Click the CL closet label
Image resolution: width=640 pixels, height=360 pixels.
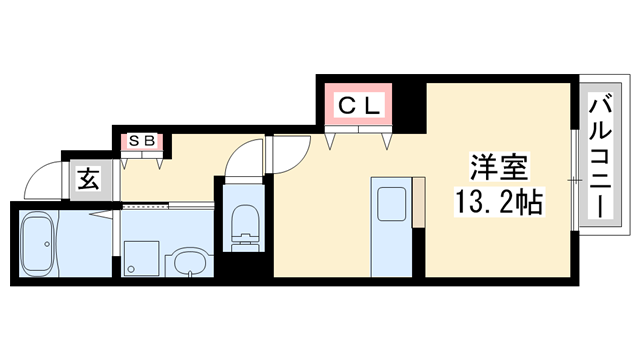pos(357,104)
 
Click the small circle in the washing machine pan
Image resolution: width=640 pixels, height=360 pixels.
pos(130,268)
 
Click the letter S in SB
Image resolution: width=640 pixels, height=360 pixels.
pos(134,141)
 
